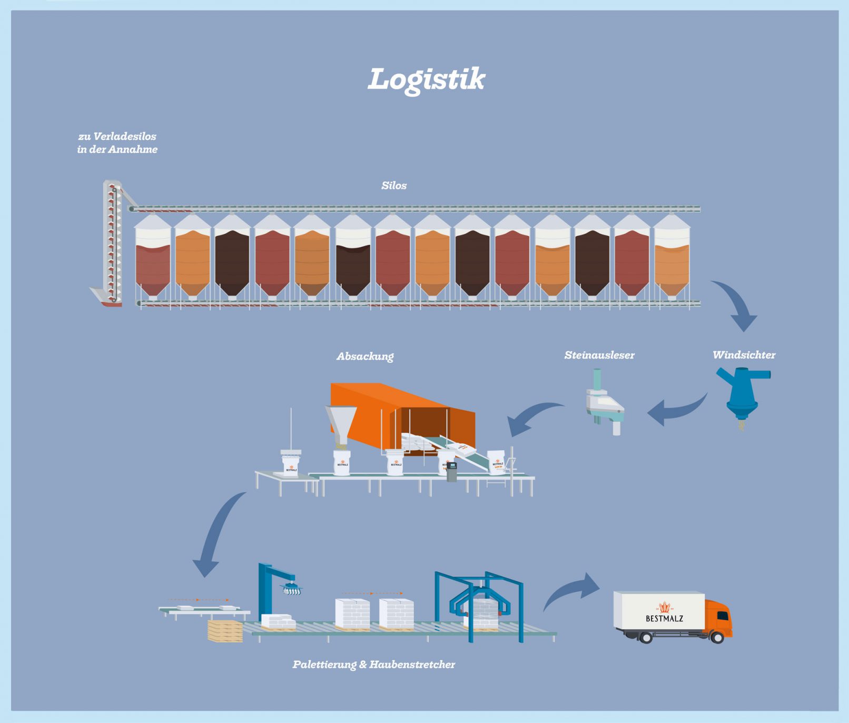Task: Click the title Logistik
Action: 426,79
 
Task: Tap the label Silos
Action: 394,185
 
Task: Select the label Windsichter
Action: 744,355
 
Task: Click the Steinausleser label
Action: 599,355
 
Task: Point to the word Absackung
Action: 365,356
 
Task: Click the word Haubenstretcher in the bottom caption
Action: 412,665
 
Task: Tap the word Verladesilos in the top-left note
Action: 124,136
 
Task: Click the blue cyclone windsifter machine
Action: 741,392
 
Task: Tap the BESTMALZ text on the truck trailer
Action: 664,618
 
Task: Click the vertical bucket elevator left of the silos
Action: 112,242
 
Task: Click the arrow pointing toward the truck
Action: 574,590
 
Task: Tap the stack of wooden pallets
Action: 225,631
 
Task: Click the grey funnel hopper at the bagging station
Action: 340,424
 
